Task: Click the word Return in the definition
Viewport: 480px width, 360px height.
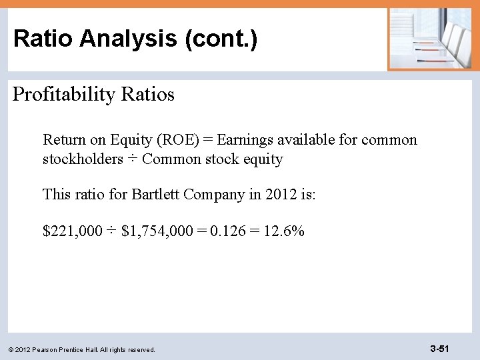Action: pyautogui.click(x=63, y=140)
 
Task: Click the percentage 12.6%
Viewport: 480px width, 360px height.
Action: pyautogui.click(x=283, y=231)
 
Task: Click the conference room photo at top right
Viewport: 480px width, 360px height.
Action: pyautogui.click(x=429, y=39)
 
